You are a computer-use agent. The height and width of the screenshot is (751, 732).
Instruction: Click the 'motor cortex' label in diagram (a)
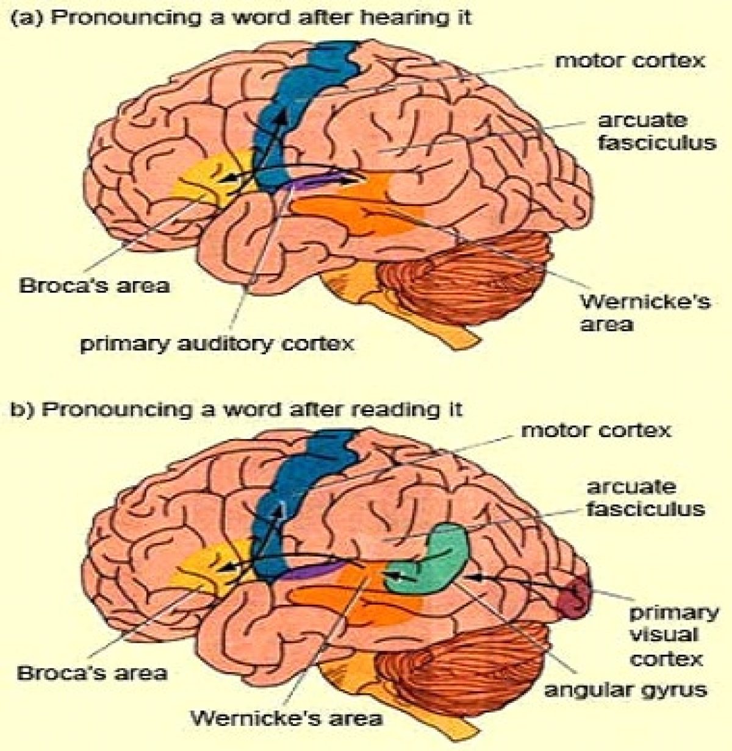click(630, 61)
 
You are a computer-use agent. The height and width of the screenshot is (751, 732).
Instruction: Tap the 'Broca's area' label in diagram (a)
click(95, 285)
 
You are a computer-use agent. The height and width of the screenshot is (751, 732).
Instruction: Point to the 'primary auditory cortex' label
click(218, 343)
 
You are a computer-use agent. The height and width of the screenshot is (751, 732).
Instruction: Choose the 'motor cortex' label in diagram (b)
click(595, 430)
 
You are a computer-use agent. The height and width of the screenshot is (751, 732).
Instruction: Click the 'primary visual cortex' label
click(674, 635)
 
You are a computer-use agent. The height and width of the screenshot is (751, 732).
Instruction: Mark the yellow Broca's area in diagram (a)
click(201, 177)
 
